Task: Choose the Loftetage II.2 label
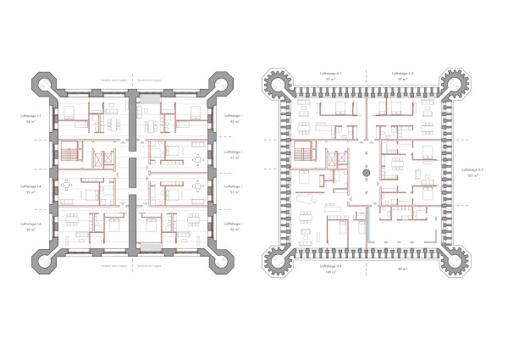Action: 402,75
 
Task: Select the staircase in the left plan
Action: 67,157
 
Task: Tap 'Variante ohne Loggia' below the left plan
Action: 113,265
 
